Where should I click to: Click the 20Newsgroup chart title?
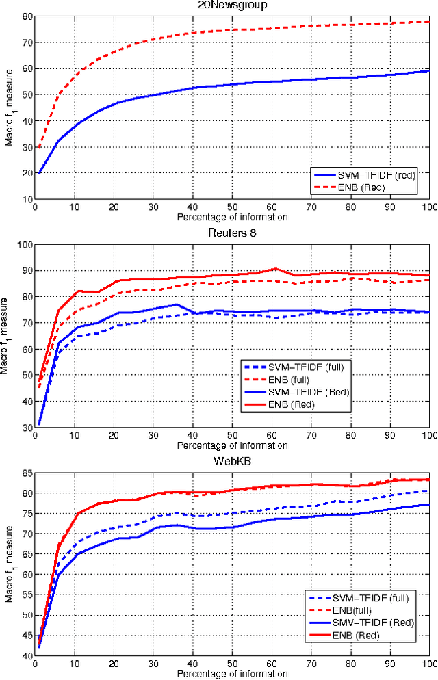[x=232, y=5]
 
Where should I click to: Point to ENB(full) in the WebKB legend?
[x=362, y=611]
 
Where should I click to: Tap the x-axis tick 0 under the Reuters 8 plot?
[x=36, y=436]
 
